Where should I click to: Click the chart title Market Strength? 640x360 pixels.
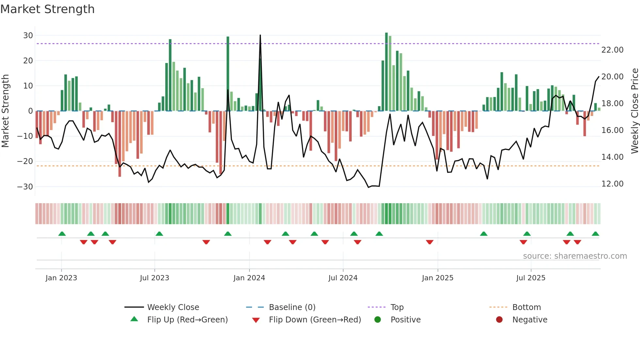click(47, 9)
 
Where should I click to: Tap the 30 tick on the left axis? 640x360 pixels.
click(28, 35)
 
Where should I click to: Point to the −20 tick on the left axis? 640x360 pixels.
click(25, 161)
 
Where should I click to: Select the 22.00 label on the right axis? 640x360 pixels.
click(612, 50)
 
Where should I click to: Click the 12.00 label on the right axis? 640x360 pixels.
click(612, 184)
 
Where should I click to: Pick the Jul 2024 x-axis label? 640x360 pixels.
click(343, 278)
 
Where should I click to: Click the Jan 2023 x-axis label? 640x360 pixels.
click(61, 278)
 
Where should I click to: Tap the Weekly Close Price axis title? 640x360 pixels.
click(634, 111)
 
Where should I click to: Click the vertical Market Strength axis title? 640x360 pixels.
click(5, 111)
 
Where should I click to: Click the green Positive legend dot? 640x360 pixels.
click(378, 319)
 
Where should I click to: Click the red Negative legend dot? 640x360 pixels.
click(499, 319)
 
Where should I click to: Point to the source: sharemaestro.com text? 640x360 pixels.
click(575, 256)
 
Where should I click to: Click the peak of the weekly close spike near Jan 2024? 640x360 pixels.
click(260, 35)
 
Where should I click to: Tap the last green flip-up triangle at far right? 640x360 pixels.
click(595, 234)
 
